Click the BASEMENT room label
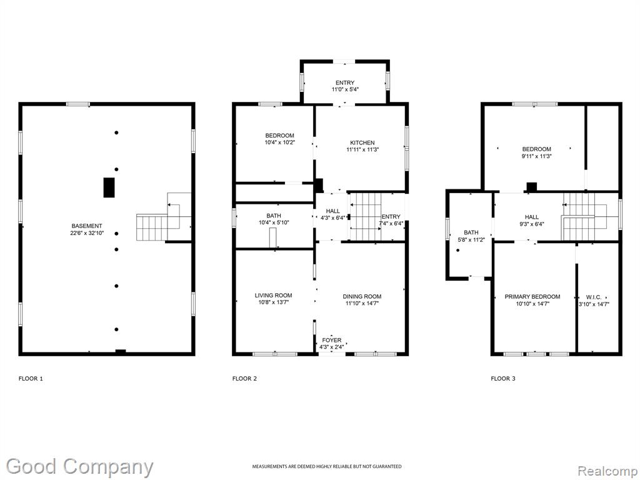point(86,226)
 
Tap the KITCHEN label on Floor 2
point(362,143)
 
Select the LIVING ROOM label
point(274,296)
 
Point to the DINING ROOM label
point(362,297)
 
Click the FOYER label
point(332,340)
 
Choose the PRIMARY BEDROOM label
point(532,297)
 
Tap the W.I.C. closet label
point(594,297)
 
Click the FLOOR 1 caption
point(31,379)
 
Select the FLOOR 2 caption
point(244,379)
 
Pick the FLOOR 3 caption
point(503,379)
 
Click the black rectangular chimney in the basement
point(109,187)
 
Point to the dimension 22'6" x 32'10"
point(87,233)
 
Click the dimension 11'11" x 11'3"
point(362,150)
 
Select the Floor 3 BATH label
point(471,232)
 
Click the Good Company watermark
point(79,467)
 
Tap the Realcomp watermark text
point(607,471)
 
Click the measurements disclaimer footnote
point(326,466)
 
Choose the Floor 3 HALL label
point(532,217)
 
